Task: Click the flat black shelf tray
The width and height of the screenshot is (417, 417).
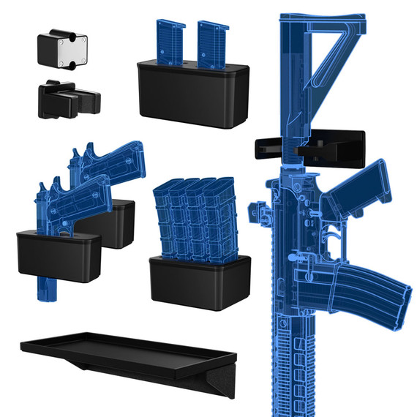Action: coord(124,350)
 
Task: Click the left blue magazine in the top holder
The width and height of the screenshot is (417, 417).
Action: coord(168,43)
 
